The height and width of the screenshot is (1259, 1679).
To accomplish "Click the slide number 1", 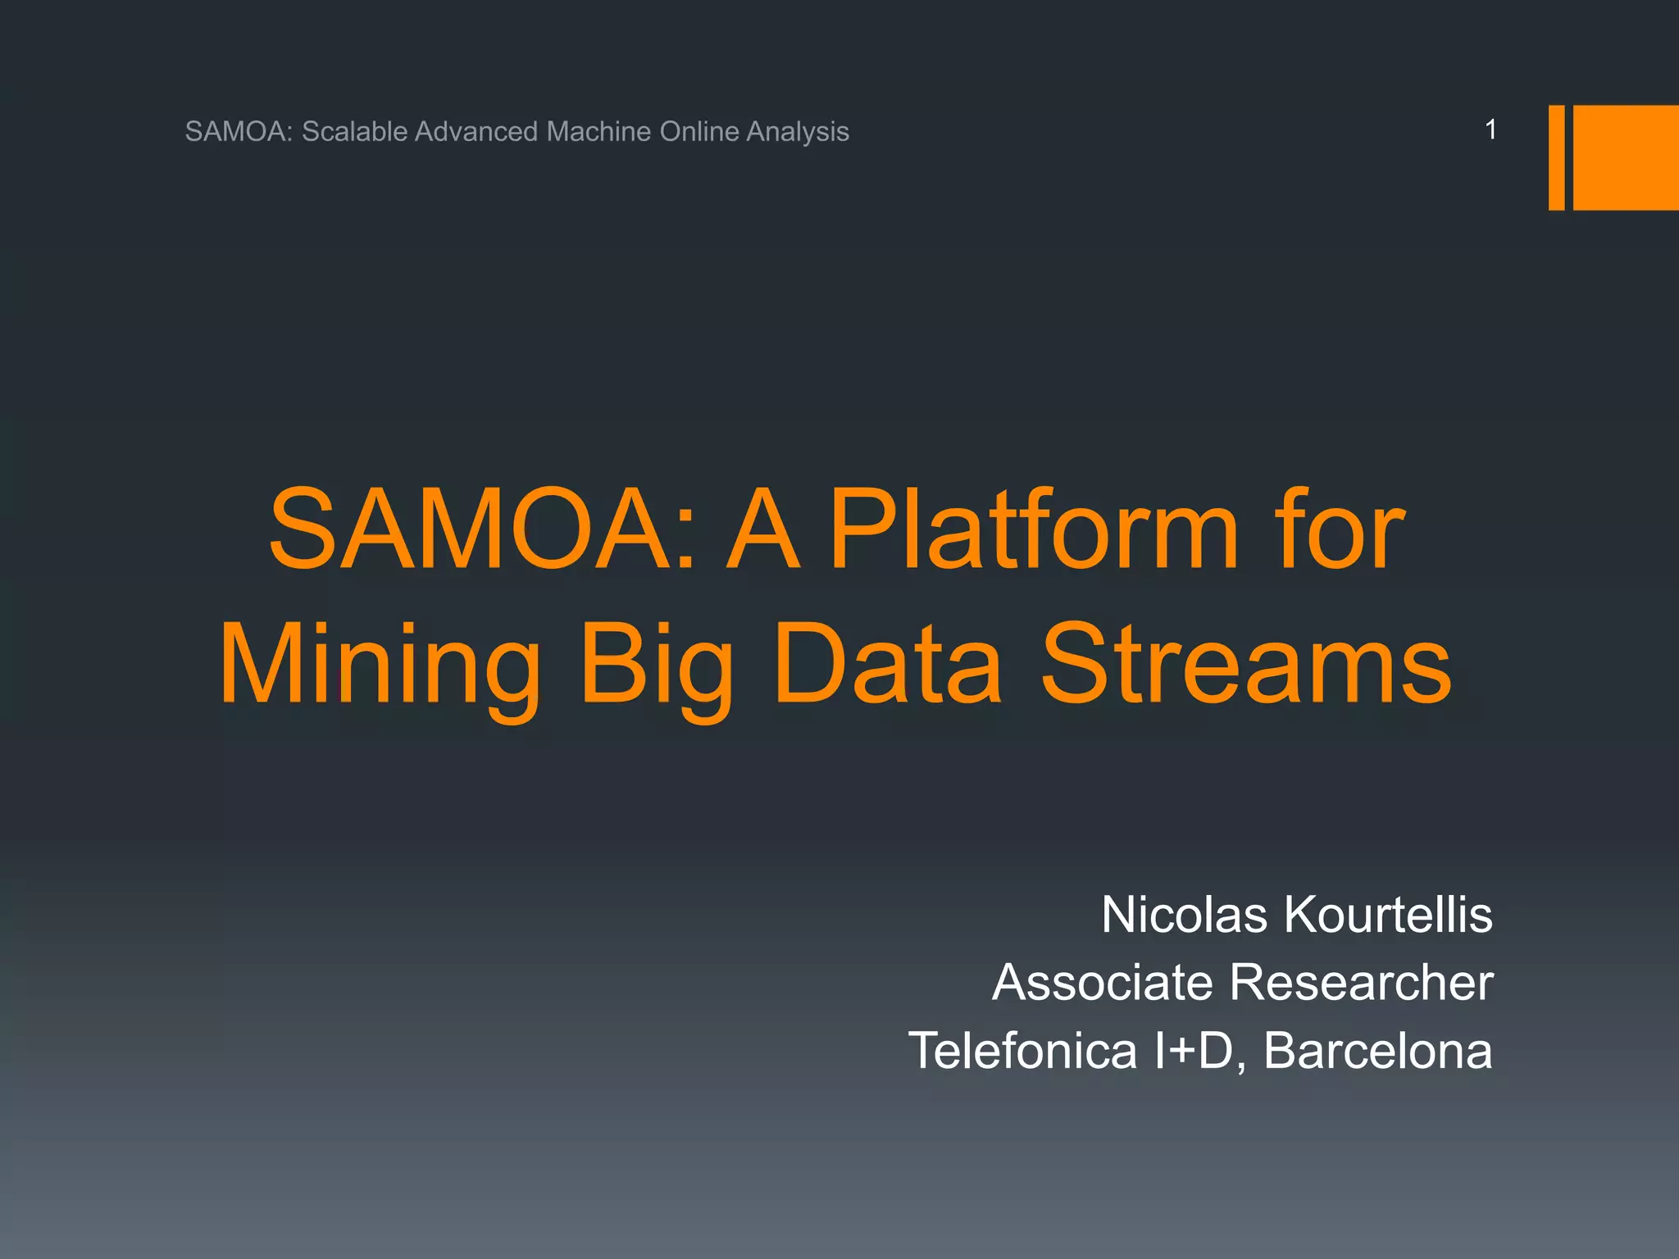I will (x=1490, y=130).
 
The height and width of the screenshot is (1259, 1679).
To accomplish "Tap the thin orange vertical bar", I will (x=1556, y=157).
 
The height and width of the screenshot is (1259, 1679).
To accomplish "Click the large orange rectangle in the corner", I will (x=1627, y=157).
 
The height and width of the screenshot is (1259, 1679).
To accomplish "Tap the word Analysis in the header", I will (x=797, y=131).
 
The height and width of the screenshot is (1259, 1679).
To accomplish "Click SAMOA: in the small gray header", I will (x=239, y=131).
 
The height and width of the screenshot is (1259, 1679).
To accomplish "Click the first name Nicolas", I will (x=1184, y=915).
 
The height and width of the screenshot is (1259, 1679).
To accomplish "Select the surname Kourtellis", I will (x=1388, y=915).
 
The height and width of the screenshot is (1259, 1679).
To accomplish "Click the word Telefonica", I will (x=1022, y=1051).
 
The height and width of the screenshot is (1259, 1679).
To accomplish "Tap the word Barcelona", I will (x=1377, y=1051).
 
